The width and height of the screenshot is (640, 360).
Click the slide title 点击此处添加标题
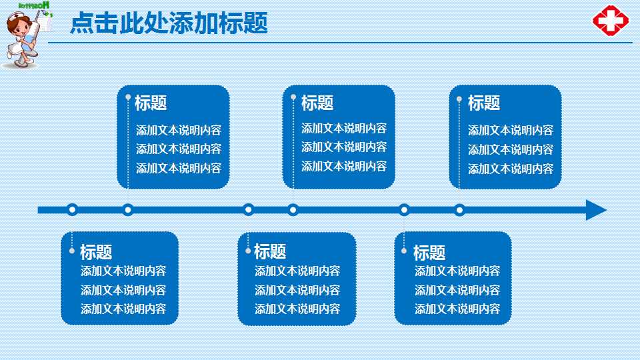click(x=169, y=24)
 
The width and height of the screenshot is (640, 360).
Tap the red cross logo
click(x=611, y=20)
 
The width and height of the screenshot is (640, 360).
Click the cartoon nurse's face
click(x=18, y=29)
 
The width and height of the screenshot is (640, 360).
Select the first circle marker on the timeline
click(x=73, y=210)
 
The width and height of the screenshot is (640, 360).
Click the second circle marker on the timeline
click(x=128, y=210)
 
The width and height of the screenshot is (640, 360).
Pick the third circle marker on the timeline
click(x=249, y=210)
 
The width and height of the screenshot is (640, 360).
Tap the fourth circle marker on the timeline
click(x=293, y=210)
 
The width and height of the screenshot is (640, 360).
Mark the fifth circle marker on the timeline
click(x=404, y=210)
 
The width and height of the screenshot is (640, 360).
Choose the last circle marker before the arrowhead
click(x=459, y=210)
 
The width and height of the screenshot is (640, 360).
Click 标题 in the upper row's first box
click(x=151, y=103)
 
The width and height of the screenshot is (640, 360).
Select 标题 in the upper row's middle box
click(x=317, y=103)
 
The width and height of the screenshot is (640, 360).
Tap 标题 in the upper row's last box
click(x=484, y=103)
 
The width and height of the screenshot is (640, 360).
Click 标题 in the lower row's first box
click(x=96, y=252)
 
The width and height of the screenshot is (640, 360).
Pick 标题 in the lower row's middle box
click(x=270, y=251)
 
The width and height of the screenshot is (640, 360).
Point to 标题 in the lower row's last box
click(x=429, y=253)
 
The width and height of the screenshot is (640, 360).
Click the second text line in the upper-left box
click(x=179, y=149)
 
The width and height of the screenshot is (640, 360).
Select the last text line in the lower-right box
click(x=457, y=309)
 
